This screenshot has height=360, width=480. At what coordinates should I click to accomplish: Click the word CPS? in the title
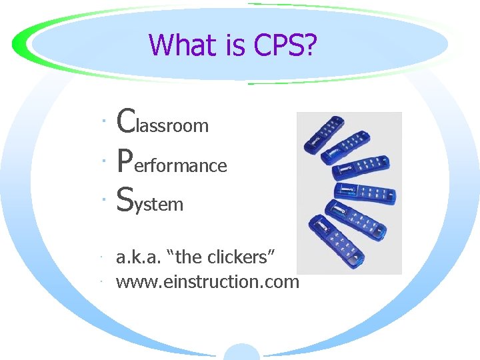285,45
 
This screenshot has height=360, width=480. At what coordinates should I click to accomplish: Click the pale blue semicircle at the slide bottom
241,353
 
